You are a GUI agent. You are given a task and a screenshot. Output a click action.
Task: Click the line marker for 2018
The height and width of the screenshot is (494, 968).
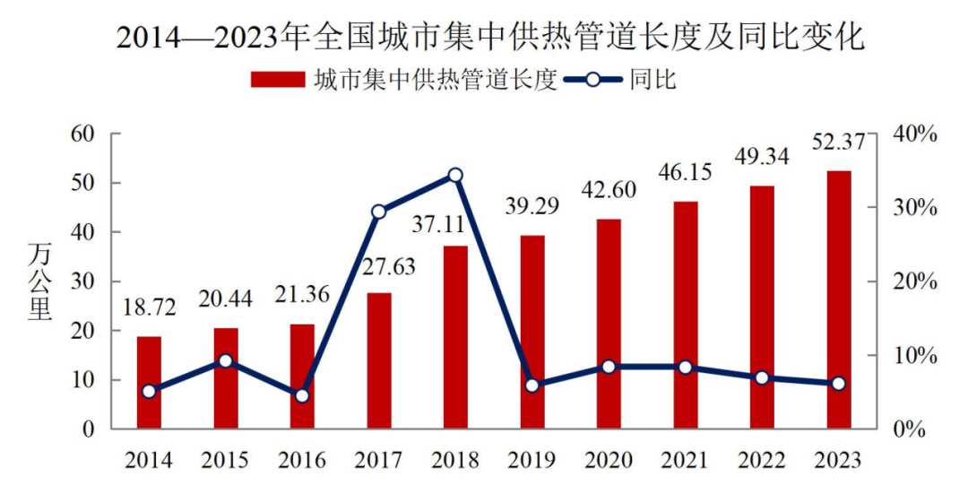coord(455,175)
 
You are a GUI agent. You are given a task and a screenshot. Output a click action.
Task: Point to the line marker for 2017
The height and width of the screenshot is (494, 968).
coord(378,212)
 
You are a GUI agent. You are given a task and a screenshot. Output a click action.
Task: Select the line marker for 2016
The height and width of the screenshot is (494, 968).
coord(302,395)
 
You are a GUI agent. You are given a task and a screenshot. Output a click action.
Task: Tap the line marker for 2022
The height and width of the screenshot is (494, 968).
coord(762,377)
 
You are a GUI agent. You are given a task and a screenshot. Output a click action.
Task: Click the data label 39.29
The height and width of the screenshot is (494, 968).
coord(532,207)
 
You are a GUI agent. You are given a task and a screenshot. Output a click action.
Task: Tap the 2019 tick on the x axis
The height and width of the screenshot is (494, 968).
coord(532,461)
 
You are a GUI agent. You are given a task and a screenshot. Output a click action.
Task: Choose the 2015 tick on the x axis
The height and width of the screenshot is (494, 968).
coord(225,461)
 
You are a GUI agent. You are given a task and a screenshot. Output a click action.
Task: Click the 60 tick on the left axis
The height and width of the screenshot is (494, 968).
coord(82,134)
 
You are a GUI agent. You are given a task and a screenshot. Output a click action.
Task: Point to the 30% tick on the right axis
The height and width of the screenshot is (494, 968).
coord(914,208)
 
